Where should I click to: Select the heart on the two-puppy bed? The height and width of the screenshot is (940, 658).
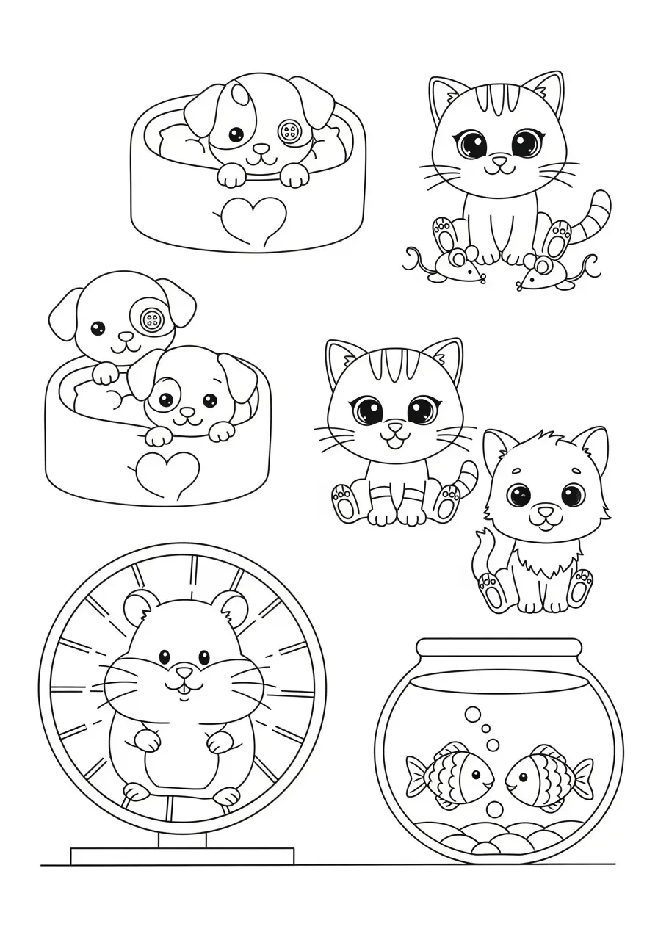point(167,471)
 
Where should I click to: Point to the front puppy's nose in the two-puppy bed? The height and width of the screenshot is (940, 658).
point(189,413)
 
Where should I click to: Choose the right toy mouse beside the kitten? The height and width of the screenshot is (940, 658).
point(545,275)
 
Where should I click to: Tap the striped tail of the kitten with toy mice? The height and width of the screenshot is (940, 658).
point(595,217)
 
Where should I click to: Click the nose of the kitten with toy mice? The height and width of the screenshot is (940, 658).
point(499,160)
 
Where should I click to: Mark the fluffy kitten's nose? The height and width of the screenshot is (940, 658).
point(545,510)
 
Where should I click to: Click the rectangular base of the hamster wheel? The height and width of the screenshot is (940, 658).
point(182,856)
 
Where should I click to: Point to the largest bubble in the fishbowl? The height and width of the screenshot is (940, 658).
point(474,713)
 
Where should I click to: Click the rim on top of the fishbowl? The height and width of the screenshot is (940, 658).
point(499,648)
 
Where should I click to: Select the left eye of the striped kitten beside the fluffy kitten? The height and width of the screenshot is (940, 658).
point(368,410)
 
